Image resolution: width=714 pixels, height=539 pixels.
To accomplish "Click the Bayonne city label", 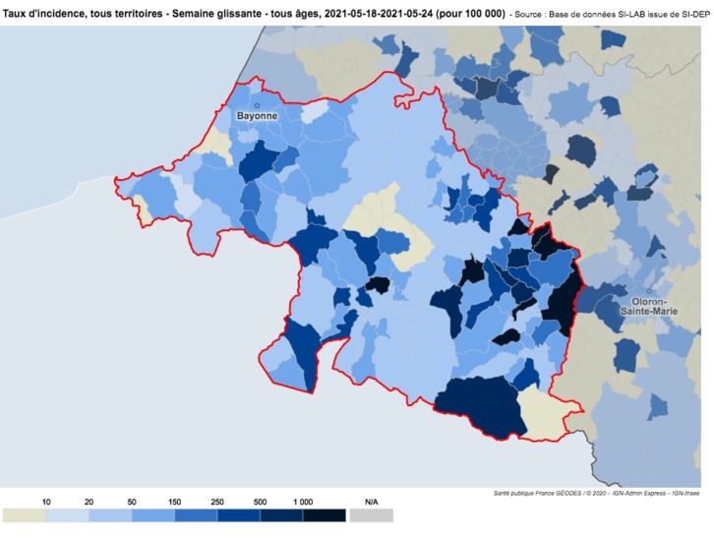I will coord(256,116).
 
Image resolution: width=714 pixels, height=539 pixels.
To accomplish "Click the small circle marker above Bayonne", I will coord(256,104).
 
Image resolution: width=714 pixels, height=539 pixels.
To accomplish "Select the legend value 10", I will coord(45,502).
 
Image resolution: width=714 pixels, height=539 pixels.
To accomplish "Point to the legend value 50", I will coord(132,502).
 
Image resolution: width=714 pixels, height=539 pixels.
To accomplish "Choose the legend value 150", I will coord(174,502).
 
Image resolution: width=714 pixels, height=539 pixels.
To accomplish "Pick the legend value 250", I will coord(217,502).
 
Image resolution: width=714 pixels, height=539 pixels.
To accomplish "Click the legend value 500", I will coord(260,502).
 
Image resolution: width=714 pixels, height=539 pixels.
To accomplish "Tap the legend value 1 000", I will coord(302,502).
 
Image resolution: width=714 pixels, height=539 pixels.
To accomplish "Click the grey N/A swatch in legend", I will coord(371,515).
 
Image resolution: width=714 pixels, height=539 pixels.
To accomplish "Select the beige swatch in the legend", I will coord(24,515).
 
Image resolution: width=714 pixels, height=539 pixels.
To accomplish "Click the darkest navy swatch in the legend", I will coord(325,515).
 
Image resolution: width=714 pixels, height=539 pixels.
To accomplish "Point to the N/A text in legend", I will coord(371,502).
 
